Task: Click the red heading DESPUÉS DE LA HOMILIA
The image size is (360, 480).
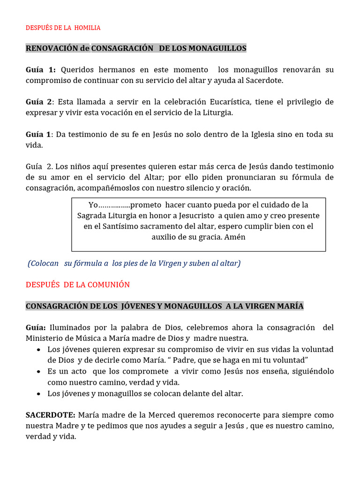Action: click(63, 28)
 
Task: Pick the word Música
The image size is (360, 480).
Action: click(81, 338)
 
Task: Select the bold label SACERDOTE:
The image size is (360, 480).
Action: click(50, 415)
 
